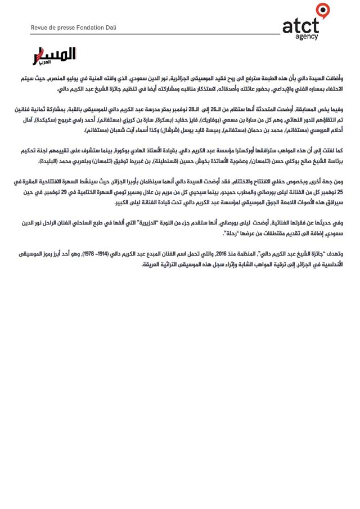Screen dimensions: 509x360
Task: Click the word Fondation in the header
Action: [83, 28]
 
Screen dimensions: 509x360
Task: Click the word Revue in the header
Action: [40, 28]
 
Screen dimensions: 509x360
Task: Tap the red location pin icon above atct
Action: [322, 10]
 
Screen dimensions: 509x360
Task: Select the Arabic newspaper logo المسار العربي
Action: [53, 56]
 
